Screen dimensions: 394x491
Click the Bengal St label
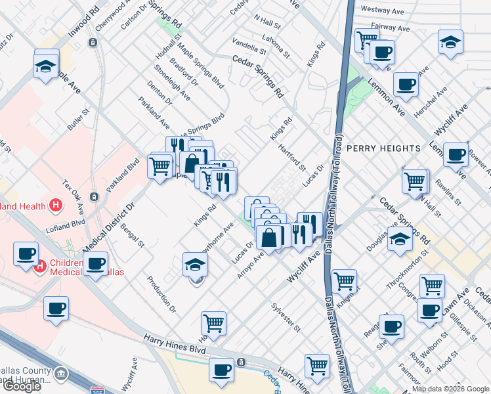coord(132,234)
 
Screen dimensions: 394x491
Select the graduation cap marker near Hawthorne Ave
coord(195,264)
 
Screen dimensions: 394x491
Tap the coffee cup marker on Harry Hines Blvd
coord(221,369)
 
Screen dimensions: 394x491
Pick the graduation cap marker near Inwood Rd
coord(47,66)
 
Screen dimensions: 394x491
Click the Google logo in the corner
coord(22,386)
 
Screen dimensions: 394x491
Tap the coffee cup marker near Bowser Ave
coord(456,155)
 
